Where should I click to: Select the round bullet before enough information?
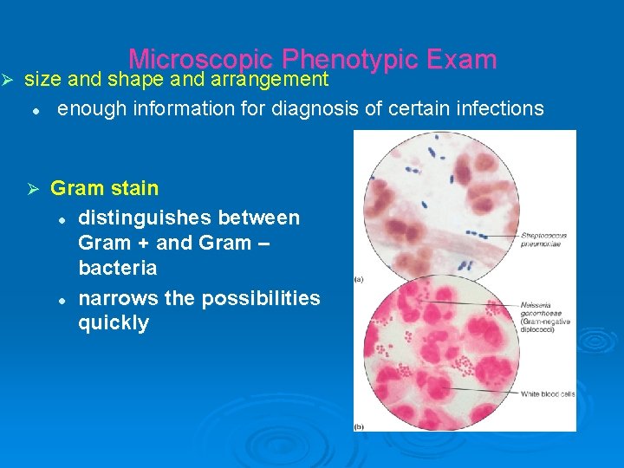pyautogui.click(x=36, y=110)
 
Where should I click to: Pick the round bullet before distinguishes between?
pyautogui.click(x=62, y=218)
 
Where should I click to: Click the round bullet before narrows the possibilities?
pyautogui.click(x=62, y=299)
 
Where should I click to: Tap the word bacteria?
pyautogui.click(x=118, y=268)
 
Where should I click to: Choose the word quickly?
pyautogui.click(x=114, y=323)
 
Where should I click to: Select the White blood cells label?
pyautogui.click(x=548, y=394)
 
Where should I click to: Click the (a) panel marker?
pyautogui.click(x=359, y=278)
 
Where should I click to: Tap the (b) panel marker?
pyautogui.click(x=359, y=426)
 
